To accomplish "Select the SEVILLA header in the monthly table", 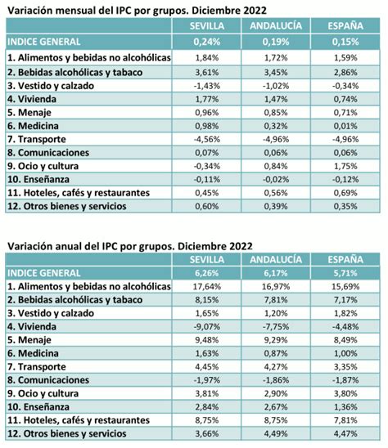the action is [207, 26].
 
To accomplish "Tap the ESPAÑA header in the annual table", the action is [345, 259].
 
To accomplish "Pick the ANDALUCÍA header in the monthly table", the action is [276, 26].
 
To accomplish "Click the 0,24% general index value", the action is [207, 42].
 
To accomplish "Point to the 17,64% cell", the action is [207, 286].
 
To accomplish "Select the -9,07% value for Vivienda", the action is [207, 326].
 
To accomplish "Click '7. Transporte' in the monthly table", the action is [37, 140].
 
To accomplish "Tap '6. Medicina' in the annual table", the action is [33, 353].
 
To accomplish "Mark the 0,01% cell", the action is [345, 126].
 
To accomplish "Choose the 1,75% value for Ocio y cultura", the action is [345, 166].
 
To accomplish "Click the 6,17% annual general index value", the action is [276, 273].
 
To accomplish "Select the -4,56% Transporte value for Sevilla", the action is [207, 140].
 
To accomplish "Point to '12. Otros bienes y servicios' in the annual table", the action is [66, 433].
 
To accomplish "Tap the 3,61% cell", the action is [207, 72].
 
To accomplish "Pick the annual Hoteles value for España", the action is [345, 420].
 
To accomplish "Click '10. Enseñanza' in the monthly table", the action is [38, 179].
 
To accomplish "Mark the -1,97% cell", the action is [207, 380].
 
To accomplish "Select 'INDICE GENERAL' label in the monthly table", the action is [43, 42].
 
